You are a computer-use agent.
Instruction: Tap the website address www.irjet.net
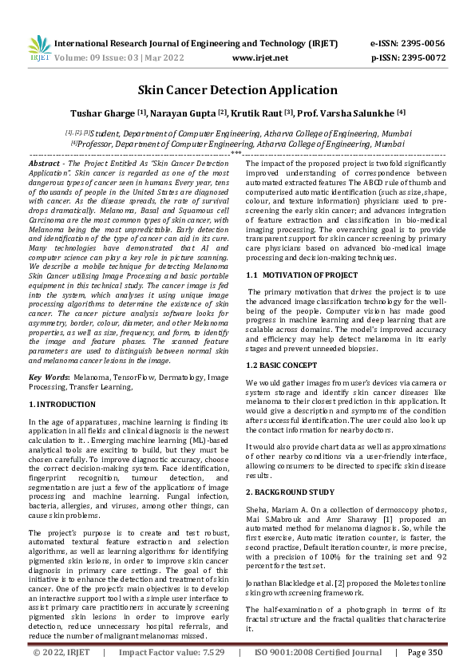tap(259, 57)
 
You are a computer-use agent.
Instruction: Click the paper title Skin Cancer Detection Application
tap(237, 90)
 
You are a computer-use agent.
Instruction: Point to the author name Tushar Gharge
tap(102, 113)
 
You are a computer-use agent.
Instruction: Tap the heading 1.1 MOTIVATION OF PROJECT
tap(302, 275)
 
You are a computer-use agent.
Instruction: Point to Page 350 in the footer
tap(425, 651)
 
